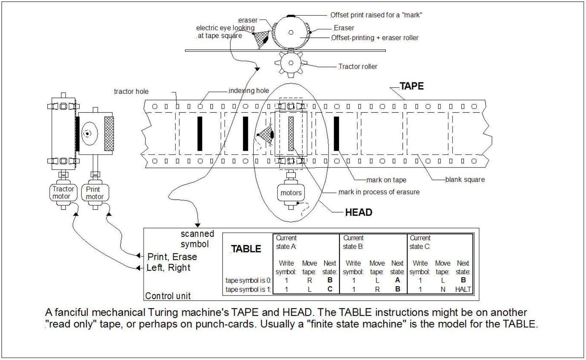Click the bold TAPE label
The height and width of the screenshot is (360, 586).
click(x=411, y=86)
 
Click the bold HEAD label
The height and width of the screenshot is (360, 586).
click(x=358, y=212)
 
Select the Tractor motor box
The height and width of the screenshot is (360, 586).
click(x=63, y=193)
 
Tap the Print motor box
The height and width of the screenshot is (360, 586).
click(x=95, y=193)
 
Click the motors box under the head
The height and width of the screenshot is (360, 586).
click(x=291, y=193)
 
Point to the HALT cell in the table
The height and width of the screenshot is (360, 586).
click(x=463, y=289)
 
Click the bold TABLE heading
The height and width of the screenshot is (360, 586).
click(x=246, y=249)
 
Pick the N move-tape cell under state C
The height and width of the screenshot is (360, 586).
click(x=443, y=289)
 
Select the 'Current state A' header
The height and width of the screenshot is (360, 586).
click(x=286, y=242)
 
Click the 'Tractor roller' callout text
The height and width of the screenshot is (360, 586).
click(x=358, y=66)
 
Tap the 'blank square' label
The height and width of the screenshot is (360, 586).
click(x=465, y=179)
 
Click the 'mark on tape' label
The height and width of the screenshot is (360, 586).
click(x=386, y=180)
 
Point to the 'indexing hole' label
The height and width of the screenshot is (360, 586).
click(x=249, y=90)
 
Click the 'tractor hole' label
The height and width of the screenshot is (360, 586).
click(x=131, y=91)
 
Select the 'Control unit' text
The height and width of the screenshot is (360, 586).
click(x=168, y=296)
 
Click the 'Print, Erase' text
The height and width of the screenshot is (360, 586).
click(x=172, y=257)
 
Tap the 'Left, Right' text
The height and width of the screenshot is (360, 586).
click(x=168, y=268)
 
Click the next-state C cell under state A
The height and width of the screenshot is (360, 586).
click(x=330, y=289)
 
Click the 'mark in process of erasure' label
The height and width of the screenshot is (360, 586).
click(x=379, y=192)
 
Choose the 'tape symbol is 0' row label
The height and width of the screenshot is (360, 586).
click(x=248, y=280)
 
